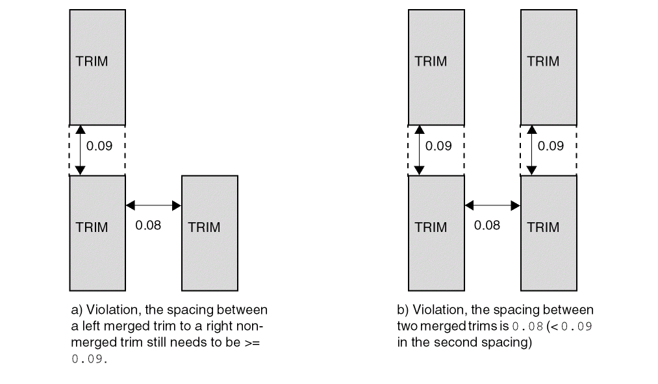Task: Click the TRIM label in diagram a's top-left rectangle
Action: [92, 62]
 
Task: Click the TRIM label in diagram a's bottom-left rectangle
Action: [92, 227]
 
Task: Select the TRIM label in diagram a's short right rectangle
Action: [204, 227]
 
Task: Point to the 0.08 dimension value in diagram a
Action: [148, 225]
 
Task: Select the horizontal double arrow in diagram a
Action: [153, 205]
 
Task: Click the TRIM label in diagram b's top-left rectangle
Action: [431, 62]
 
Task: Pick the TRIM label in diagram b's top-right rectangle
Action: [543, 62]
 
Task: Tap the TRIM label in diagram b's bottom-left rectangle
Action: [431, 227]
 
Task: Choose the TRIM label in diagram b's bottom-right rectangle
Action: [543, 227]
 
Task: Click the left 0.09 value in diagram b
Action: [438, 146]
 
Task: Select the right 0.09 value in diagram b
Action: [550, 146]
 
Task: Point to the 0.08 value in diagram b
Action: [487, 225]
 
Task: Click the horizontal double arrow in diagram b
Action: [492, 205]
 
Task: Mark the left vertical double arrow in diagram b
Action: [420, 149]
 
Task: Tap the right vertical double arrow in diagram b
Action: [532, 149]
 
